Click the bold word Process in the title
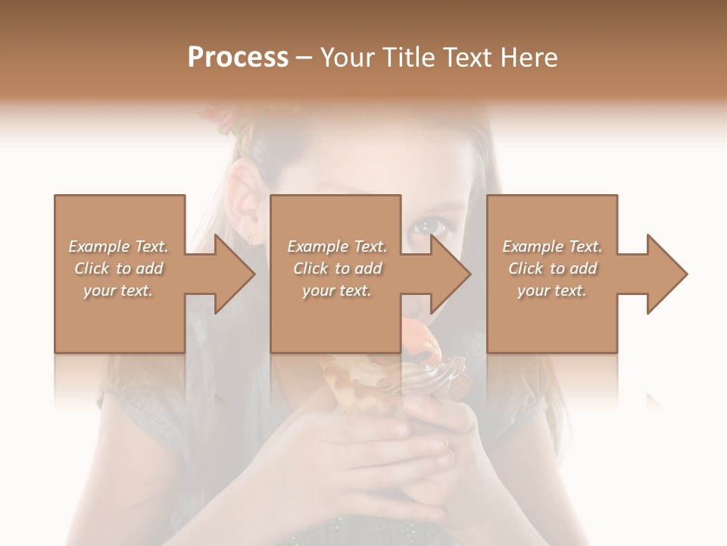click(238, 58)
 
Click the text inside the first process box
click(118, 268)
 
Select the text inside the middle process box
click(337, 268)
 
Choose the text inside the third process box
click(552, 268)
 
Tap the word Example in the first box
click(100, 246)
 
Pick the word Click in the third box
click(526, 268)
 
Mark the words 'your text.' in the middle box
click(337, 290)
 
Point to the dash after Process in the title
click(304, 58)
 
